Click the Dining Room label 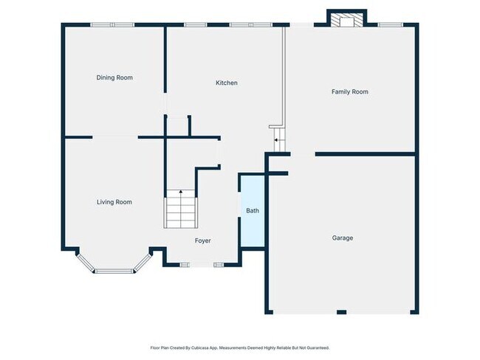point(114,77)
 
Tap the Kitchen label point(227,83)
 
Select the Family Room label point(350,91)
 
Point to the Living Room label point(114,202)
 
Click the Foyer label point(202,240)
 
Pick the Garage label point(343,238)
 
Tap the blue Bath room point(253,211)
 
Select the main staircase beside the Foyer point(181,209)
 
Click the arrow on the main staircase point(181,192)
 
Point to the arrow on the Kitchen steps point(276,140)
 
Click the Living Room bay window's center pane point(114,271)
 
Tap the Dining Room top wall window point(113,25)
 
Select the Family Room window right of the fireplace point(391,25)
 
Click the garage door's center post point(342,312)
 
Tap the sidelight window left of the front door point(185,265)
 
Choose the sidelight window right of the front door point(219,265)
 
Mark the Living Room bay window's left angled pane point(85,262)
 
